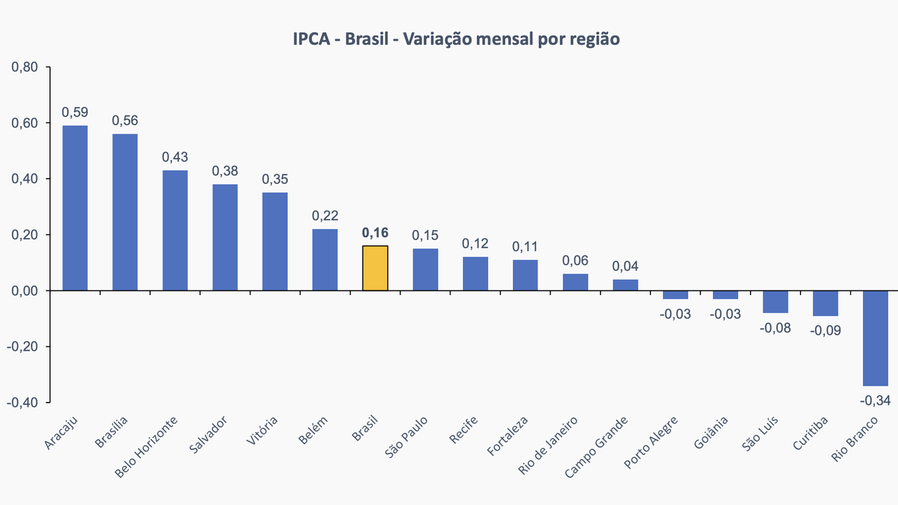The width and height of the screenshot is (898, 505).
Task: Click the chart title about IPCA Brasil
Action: pos(456,39)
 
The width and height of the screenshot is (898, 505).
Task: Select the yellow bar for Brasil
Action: pos(375,268)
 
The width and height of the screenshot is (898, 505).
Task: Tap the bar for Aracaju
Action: pos(75,208)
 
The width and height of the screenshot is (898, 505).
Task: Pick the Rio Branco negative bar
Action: pos(876,338)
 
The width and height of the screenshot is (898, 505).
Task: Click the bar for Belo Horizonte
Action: pos(175,230)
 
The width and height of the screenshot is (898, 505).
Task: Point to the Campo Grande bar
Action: pos(626,285)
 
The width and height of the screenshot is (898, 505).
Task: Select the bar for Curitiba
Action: pos(826,303)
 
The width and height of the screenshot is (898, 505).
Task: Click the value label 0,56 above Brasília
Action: pos(125,121)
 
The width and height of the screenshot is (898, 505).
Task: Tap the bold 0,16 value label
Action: pos(375,233)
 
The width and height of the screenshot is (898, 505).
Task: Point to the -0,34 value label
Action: pos(876,400)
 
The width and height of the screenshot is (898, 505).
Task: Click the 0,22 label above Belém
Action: pos(325,216)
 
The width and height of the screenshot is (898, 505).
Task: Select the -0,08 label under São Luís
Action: pos(775,328)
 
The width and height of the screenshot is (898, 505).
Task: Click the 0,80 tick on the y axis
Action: pos(25,67)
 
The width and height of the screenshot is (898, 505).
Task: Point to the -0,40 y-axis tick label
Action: pos(23,403)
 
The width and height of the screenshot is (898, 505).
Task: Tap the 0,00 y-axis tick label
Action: pos(25,291)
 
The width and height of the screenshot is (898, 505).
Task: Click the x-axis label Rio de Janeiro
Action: pos(549,445)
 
